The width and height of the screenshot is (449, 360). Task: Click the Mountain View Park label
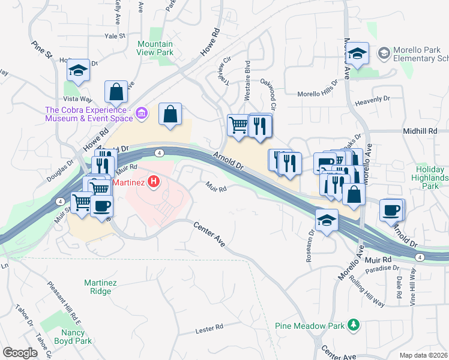coord(155,49)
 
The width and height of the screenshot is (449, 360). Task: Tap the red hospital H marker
coord(154,181)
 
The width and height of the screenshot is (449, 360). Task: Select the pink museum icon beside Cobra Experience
coord(142,112)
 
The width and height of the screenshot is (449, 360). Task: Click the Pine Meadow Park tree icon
coord(354,325)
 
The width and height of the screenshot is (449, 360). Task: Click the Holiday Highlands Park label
coord(431,178)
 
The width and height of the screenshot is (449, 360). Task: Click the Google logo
coord(20,353)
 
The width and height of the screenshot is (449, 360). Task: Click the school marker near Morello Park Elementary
coord(357,54)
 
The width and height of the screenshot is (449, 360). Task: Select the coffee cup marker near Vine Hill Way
coord(391,210)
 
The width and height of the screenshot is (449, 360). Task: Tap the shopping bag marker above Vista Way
coord(116,92)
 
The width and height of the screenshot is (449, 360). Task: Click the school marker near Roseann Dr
coord(327,220)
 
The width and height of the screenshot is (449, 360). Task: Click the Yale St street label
coord(114,36)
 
